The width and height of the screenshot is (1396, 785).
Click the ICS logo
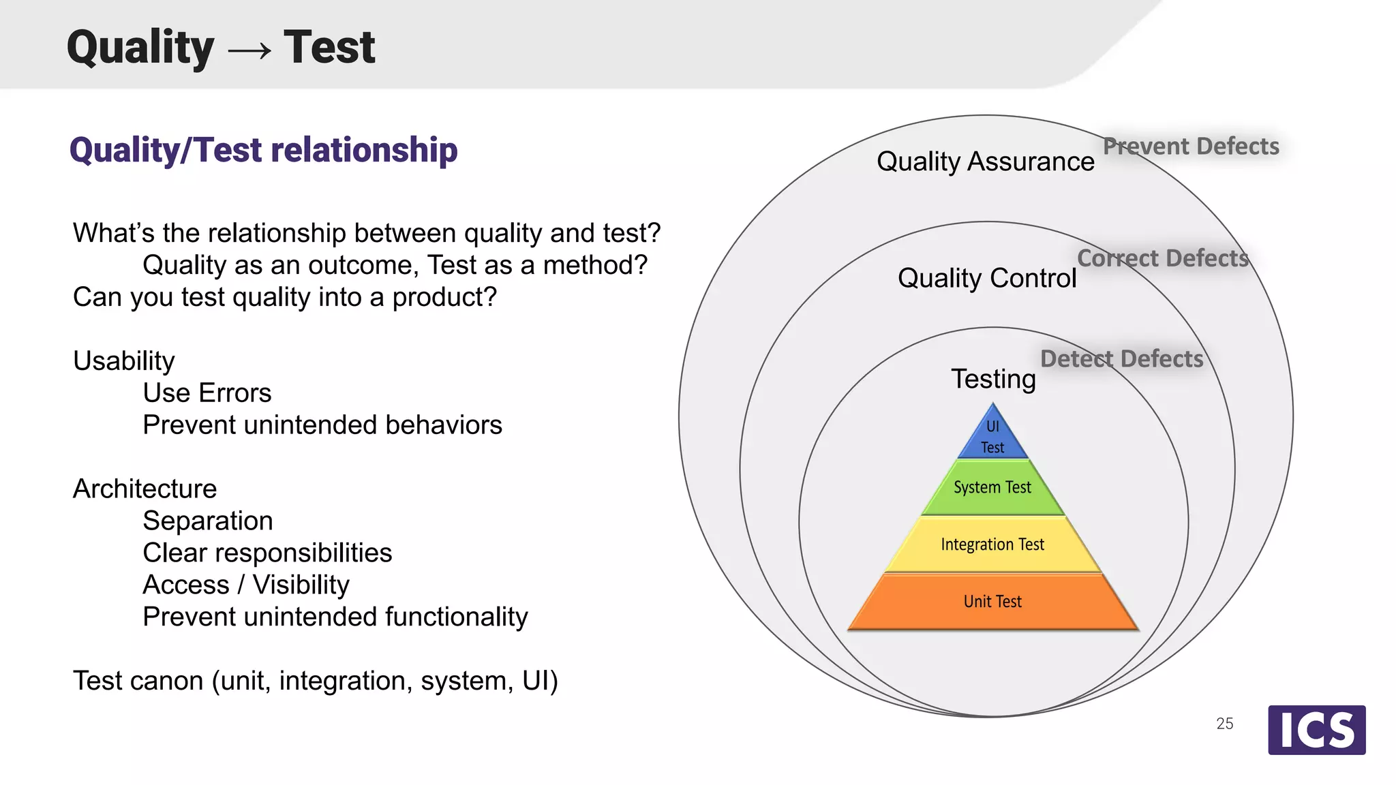[1316, 730]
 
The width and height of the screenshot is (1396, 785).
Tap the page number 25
[1224, 724]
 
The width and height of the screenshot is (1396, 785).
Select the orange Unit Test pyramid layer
[992, 602]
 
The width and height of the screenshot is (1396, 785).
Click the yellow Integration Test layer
[992, 544]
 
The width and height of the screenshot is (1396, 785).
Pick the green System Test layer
[992, 488]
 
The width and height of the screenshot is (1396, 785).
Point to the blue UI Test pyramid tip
[992, 437]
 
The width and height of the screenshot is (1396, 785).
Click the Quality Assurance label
[985, 162]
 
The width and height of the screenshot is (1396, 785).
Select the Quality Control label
[986, 279]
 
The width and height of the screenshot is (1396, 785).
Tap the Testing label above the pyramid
[993, 379]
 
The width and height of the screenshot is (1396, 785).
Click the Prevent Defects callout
[1191, 147]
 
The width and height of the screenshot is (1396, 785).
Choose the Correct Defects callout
[1162, 258]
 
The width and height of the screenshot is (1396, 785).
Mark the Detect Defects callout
[1121, 359]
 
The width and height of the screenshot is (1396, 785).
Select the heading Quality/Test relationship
[263, 151]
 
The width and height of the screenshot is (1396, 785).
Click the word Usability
[123, 361]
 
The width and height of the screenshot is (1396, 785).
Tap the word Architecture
[145, 489]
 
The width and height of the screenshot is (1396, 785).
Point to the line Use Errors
[207, 393]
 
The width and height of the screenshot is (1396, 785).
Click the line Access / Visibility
[245, 585]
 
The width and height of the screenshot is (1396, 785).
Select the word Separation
[207, 521]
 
